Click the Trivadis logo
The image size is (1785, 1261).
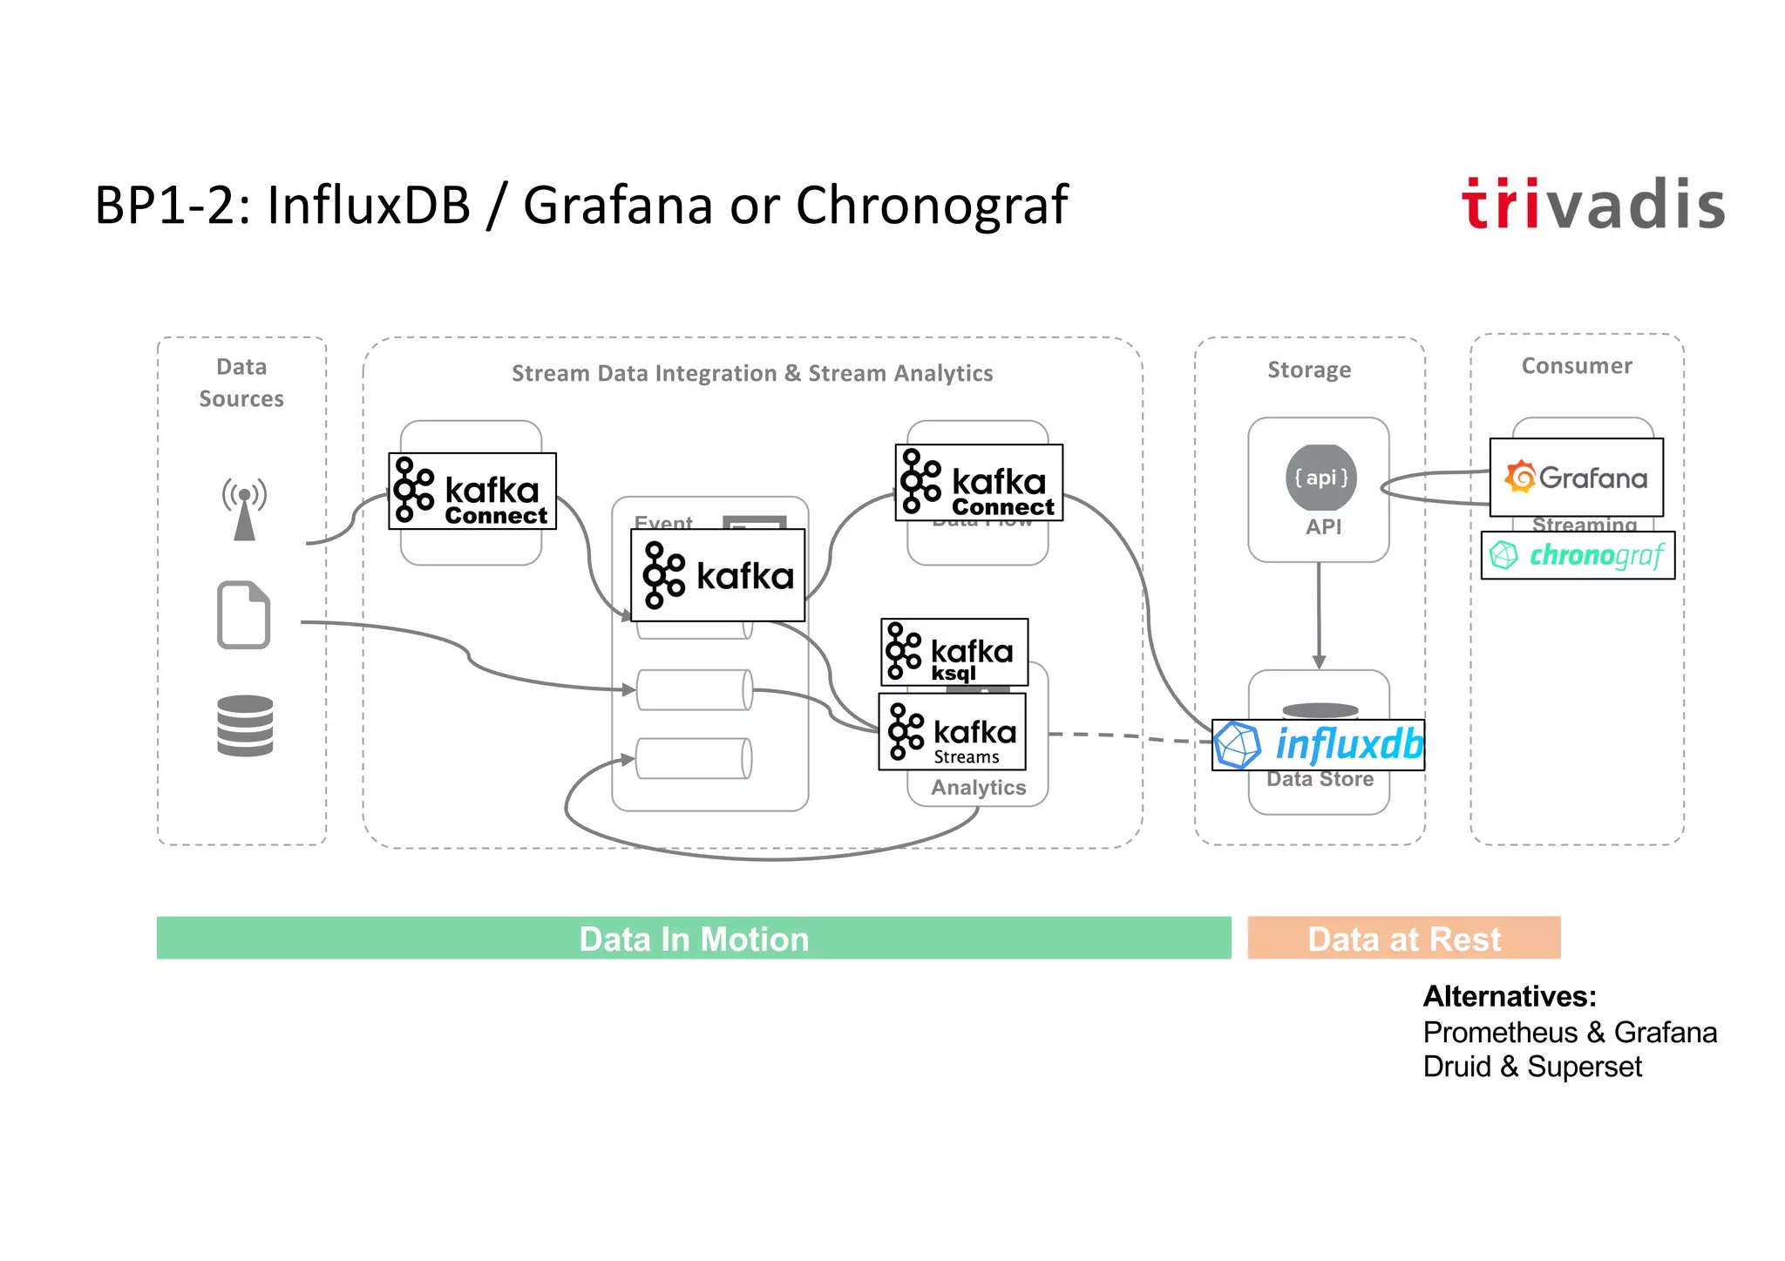click(1592, 205)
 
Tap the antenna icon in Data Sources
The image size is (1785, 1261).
click(245, 509)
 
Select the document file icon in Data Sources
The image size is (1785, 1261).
click(243, 614)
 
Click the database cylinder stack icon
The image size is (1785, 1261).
click(245, 725)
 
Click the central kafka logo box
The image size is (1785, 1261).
click(717, 575)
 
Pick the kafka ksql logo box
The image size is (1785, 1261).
click(954, 652)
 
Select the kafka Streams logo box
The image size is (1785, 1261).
click(952, 732)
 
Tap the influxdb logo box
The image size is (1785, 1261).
click(1318, 745)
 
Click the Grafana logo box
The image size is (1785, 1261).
click(1576, 478)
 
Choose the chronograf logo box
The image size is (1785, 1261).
click(1578, 555)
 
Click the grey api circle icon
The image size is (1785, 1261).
click(1320, 478)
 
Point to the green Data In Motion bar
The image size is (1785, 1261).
click(694, 939)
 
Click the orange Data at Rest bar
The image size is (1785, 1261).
click(1403, 939)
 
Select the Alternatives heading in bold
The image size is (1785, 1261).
click(1510, 996)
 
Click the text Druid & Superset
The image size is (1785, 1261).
click(1532, 1067)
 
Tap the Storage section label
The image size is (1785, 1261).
click(1309, 369)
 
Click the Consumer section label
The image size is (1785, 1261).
click(1577, 366)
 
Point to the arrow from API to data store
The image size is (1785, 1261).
click(1319, 615)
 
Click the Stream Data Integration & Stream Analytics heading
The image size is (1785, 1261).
click(752, 374)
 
